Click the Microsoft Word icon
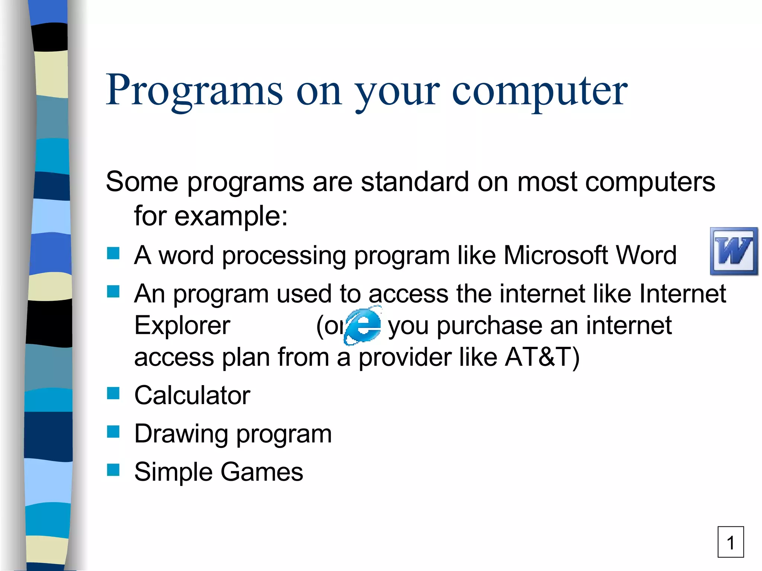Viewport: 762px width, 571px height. click(x=734, y=251)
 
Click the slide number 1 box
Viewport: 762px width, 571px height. click(x=730, y=542)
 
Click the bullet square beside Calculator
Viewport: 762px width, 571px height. click(x=113, y=393)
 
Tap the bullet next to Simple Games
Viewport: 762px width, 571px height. click(x=113, y=470)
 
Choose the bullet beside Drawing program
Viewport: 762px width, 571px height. click(x=113, y=432)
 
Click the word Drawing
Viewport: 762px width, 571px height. click(x=181, y=434)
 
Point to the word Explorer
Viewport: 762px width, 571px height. click(x=182, y=326)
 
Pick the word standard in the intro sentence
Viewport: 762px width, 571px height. click(x=414, y=182)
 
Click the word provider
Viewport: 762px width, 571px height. click(x=405, y=357)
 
